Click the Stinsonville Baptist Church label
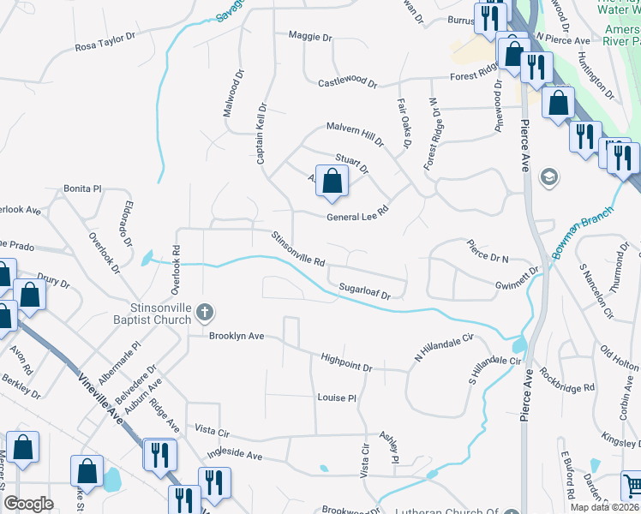tap(158, 312)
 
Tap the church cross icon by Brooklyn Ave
tap(204, 312)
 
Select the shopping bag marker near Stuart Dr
tap(332, 182)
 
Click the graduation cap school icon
tap(548, 177)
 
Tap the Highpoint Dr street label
tap(346, 362)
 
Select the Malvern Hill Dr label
tap(354, 131)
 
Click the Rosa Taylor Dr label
tap(105, 40)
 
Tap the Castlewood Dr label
tap(347, 83)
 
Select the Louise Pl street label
tap(336, 398)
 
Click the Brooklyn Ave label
tap(237, 337)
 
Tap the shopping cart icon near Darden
tap(632, 485)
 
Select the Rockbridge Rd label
tap(567, 381)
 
